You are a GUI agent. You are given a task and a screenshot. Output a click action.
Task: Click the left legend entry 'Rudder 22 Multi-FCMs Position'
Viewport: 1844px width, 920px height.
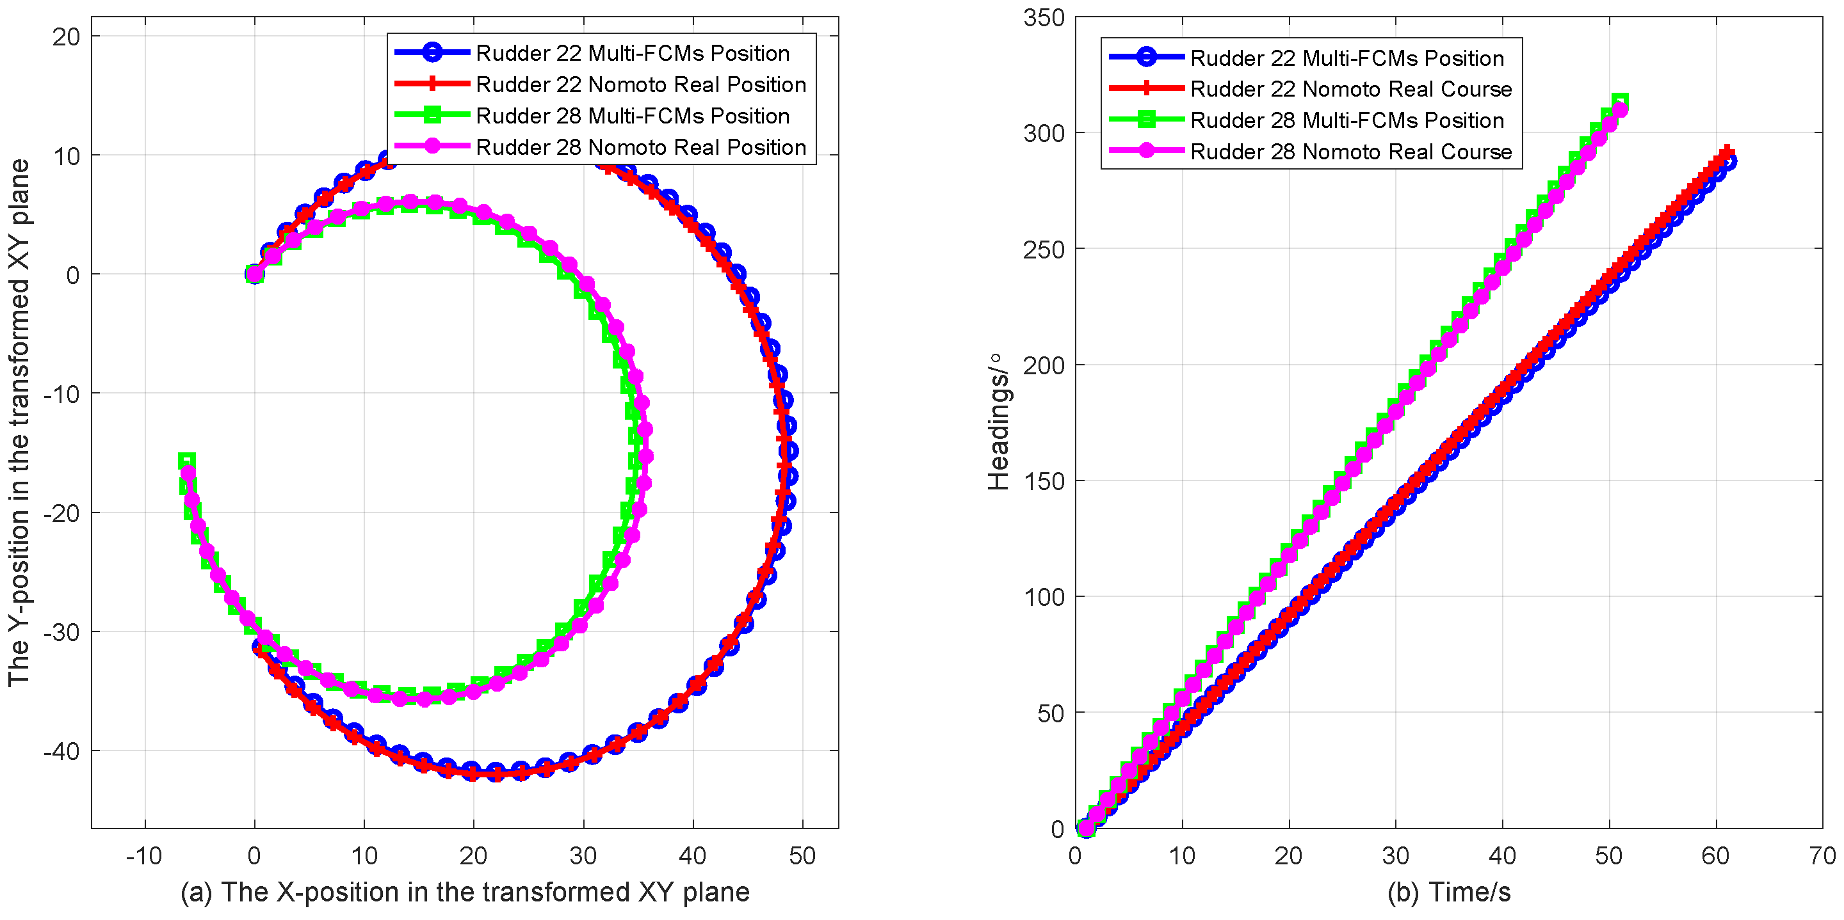pos(632,53)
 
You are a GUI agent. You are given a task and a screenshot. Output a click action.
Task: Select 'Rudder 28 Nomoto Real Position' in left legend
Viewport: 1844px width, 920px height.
pos(641,147)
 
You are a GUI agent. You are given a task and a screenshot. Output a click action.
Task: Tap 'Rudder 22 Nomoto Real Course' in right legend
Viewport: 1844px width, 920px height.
pos(1351,90)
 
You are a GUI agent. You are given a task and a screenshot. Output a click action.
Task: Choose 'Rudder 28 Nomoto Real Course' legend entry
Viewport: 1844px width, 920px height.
pos(1351,152)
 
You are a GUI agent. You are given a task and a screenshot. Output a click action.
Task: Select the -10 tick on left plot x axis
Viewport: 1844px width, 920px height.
pos(144,855)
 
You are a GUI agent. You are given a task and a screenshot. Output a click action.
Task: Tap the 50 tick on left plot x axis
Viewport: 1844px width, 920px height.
pos(802,855)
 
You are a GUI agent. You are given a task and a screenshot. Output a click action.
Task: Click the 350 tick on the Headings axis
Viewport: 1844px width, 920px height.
pos(1044,18)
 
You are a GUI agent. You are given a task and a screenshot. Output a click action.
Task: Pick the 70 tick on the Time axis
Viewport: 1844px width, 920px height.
pos(1821,855)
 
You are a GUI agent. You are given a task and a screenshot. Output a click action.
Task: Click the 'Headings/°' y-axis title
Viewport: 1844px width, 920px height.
pos(998,422)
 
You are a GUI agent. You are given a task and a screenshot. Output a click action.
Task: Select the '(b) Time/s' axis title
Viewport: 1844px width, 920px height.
pos(1449,892)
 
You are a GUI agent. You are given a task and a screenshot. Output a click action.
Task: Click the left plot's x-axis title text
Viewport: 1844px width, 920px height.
pos(465,892)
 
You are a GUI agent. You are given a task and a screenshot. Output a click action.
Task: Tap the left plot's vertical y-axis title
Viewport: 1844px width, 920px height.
pos(19,422)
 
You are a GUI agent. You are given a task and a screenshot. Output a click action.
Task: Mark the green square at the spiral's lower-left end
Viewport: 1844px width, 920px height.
pos(187,461)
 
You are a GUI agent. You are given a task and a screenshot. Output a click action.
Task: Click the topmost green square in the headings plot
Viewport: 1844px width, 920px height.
pos(1620,101)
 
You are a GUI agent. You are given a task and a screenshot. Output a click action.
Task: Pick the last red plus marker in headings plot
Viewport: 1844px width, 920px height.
pos(1727,152)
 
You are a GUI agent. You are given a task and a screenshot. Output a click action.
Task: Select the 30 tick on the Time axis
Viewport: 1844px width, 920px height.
pos(1395,855)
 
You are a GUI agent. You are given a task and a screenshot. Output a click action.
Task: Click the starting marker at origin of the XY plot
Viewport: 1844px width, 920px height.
pos(254,274)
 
